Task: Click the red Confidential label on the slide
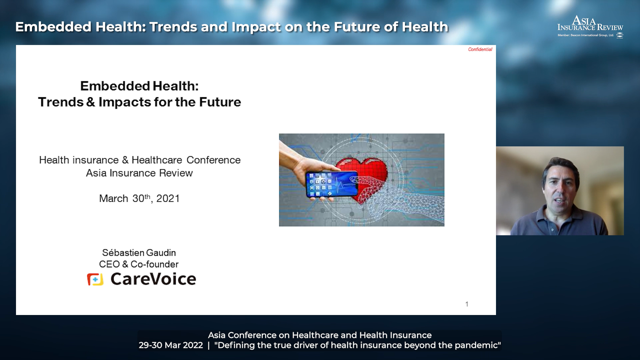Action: (x=480, y=49)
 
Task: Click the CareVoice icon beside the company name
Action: (x=95, y=279)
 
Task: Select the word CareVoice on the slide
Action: (x=153, y=279)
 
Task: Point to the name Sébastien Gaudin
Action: (x=139, y=253)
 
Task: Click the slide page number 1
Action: (x=467, y=304)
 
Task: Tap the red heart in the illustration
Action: (x=362, y=177)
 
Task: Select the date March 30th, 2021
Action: (x=139, y=198)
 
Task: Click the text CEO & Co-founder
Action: (x=139, y=264)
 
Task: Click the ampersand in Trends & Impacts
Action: (x=91, y=102)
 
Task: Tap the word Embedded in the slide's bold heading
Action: (x=114, y=86)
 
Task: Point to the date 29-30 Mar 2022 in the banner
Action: (x=171, y=345)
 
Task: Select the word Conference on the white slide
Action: (x=213, y=160)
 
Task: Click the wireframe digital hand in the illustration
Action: (x=400, y=195)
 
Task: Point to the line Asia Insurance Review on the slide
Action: (x=139, y=173)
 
